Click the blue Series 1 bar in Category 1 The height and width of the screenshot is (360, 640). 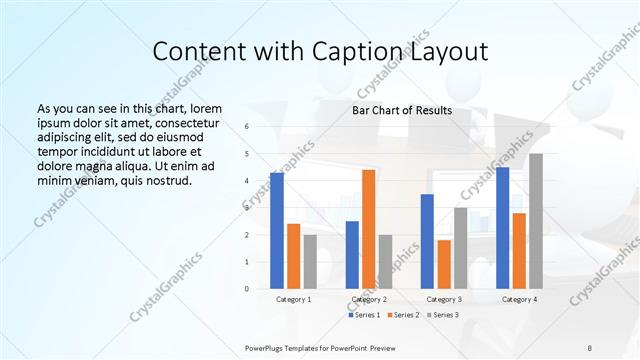277,230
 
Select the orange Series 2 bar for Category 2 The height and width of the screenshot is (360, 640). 368,229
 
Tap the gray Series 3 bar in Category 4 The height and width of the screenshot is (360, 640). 536,221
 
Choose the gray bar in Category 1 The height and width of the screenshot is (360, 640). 310,261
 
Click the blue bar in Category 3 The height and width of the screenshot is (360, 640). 427,241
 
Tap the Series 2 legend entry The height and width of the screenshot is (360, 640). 404,315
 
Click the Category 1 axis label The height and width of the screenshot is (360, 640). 293,299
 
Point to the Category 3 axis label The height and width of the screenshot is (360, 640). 444,299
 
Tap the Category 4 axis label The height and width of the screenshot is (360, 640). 519,299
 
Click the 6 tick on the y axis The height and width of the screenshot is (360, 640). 247,127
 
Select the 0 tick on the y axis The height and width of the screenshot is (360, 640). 247,289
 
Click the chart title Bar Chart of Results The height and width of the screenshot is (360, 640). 402,110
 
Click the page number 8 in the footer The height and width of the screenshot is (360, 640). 590,346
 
